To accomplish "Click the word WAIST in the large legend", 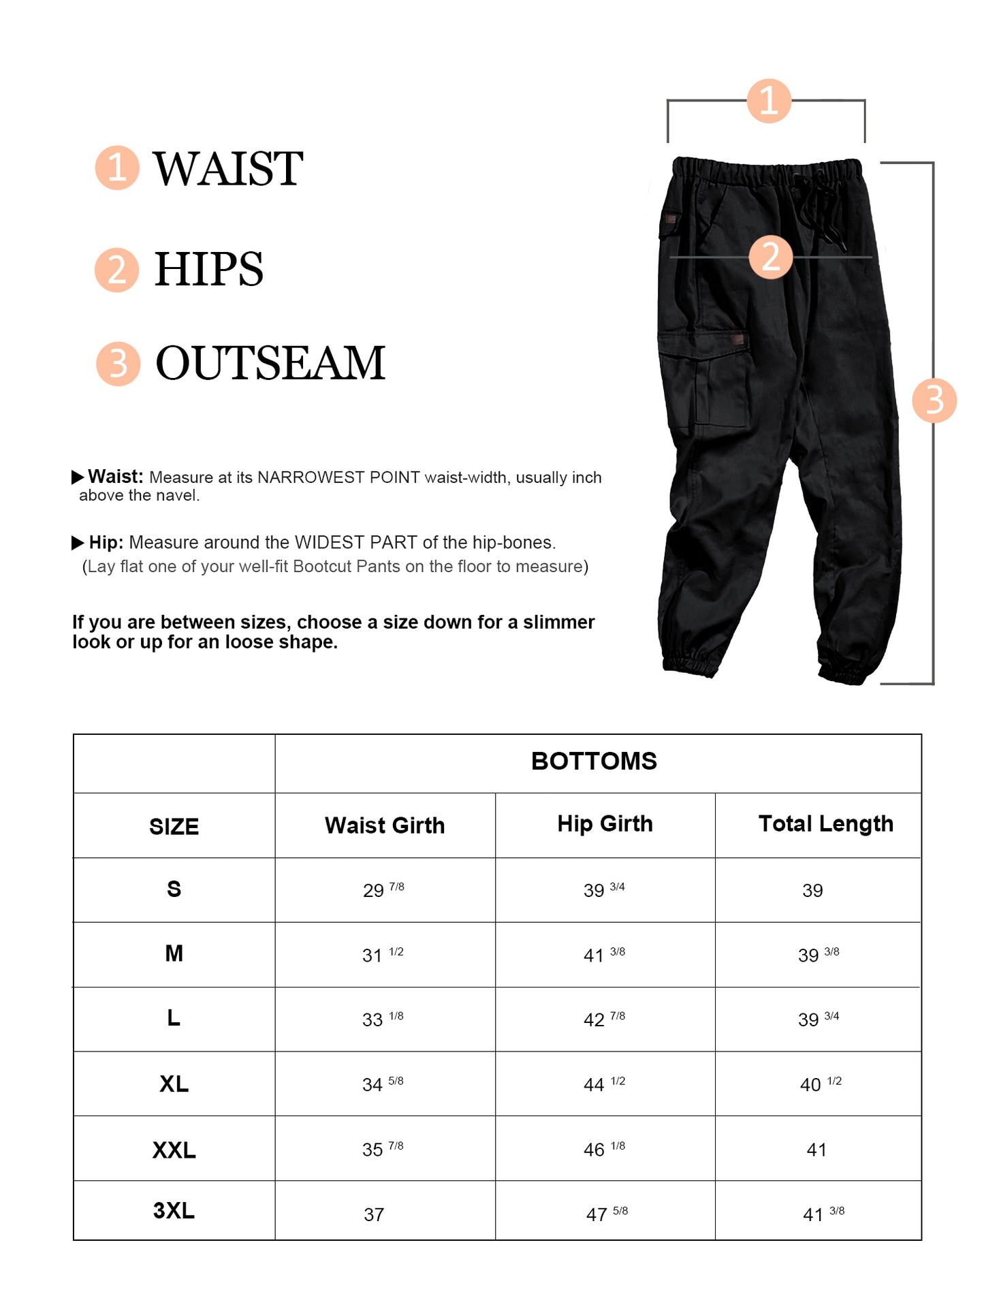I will (227, 169).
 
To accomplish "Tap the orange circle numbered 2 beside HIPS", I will (117, 270).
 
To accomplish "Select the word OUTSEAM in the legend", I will (270, 363).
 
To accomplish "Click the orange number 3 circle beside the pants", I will (934, 400).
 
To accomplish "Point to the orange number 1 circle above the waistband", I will (769, 101).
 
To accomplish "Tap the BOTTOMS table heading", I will (594, 761).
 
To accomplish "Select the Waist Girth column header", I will (385, 825).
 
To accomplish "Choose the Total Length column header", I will (825, 824).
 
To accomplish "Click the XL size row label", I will (174, 1084).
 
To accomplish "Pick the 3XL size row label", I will (174, 1211).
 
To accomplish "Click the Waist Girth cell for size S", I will (383, 890).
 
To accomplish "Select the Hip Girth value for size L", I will (604, 1020).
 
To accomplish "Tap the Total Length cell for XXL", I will (816, 1150).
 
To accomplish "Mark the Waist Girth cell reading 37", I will (374, 1214).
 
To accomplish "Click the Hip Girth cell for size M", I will (604, 955).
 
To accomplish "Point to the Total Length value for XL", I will (821, 1084).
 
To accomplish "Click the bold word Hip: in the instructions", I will (106, 543).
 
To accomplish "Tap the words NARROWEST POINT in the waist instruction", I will (338, 477).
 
